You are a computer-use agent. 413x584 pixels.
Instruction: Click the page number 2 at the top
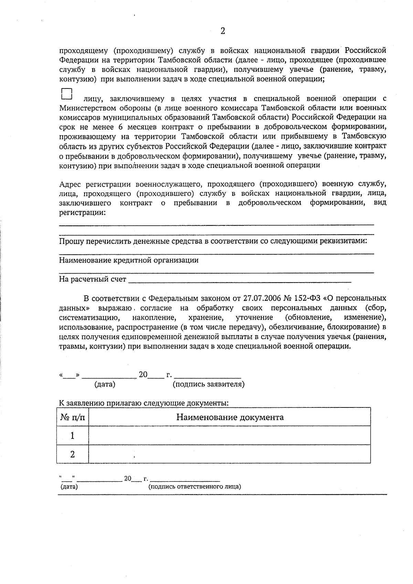coord(222,31)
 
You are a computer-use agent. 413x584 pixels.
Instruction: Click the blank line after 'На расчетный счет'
coord(240,279)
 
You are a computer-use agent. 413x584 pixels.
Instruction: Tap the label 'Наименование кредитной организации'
coord(129,260)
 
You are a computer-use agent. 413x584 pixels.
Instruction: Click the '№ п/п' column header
coord(73,417)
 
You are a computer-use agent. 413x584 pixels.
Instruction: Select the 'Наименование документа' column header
coord(230,417)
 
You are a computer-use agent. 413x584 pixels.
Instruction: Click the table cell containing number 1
coord(73,436)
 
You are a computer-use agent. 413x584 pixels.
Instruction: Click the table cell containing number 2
coord(73,454)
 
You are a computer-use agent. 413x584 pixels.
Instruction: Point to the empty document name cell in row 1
coord(230,436)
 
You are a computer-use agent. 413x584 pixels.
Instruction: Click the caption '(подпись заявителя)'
coord(208,384)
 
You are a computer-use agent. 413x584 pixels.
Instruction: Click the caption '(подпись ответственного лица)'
coord(194,487)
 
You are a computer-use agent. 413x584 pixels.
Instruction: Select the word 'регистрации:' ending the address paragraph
coord(82,212)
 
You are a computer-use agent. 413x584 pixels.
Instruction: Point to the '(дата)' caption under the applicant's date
coord(105,384)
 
